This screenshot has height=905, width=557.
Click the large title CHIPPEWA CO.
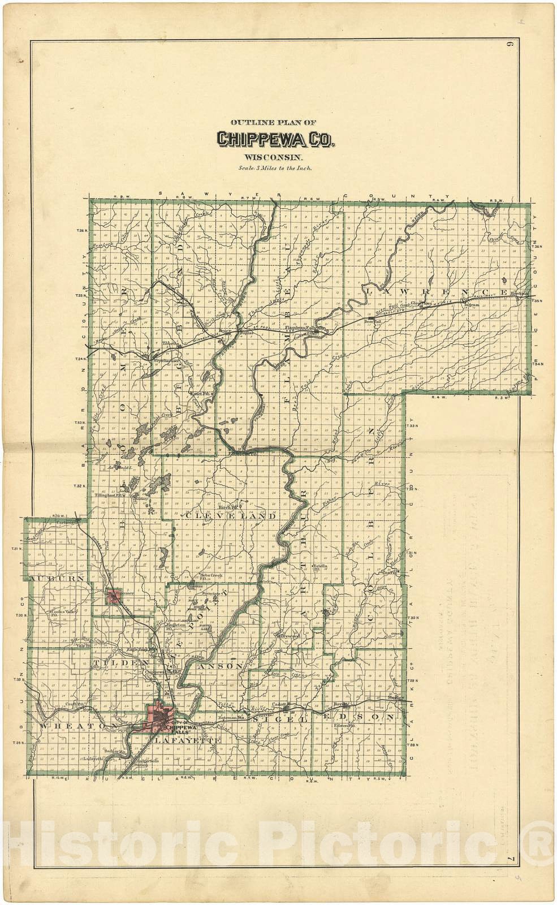pyautogui.click(x=275, y=139)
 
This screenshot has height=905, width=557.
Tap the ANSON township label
pyautogui.click(x=222, y=667)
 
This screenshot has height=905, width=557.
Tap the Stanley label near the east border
pyautogui.click(x=394, y=698)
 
